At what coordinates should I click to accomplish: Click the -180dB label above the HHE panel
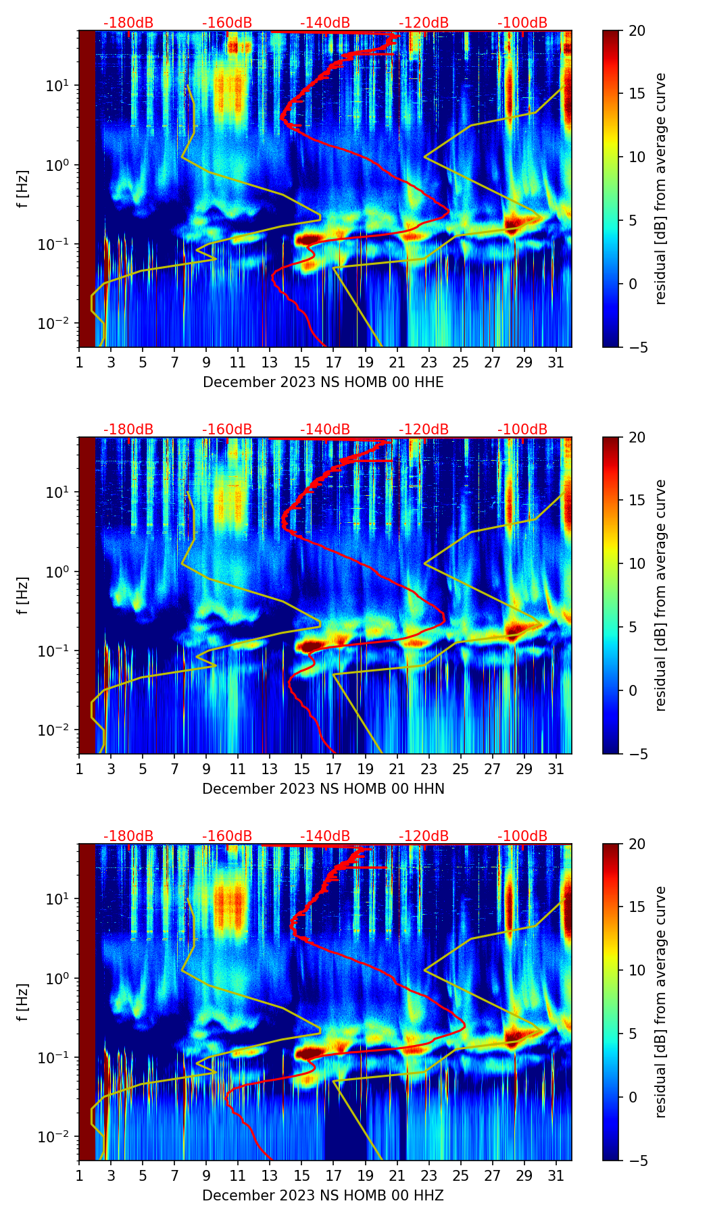click(128, 23)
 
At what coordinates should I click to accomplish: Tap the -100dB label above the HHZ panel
click(522, 836)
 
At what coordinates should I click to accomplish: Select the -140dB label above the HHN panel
click(325, 430)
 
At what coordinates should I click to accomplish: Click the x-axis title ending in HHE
click(323, 382)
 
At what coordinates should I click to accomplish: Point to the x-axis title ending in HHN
click(323, 789)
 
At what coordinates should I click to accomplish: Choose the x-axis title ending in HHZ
click(323, 1196)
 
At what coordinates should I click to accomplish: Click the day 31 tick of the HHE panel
click(556, 362)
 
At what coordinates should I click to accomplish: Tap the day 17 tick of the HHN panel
click(334, 769)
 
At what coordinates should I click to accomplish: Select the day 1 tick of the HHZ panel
click(79, 1175)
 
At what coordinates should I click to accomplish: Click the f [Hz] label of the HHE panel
click(23, 189)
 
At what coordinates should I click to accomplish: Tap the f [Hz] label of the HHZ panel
click(23, 1002)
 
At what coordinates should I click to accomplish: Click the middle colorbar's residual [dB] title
click(660, 595)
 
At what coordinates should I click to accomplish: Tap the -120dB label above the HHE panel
click(424, 23)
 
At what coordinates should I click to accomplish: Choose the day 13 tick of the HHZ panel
click(270, 1175)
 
